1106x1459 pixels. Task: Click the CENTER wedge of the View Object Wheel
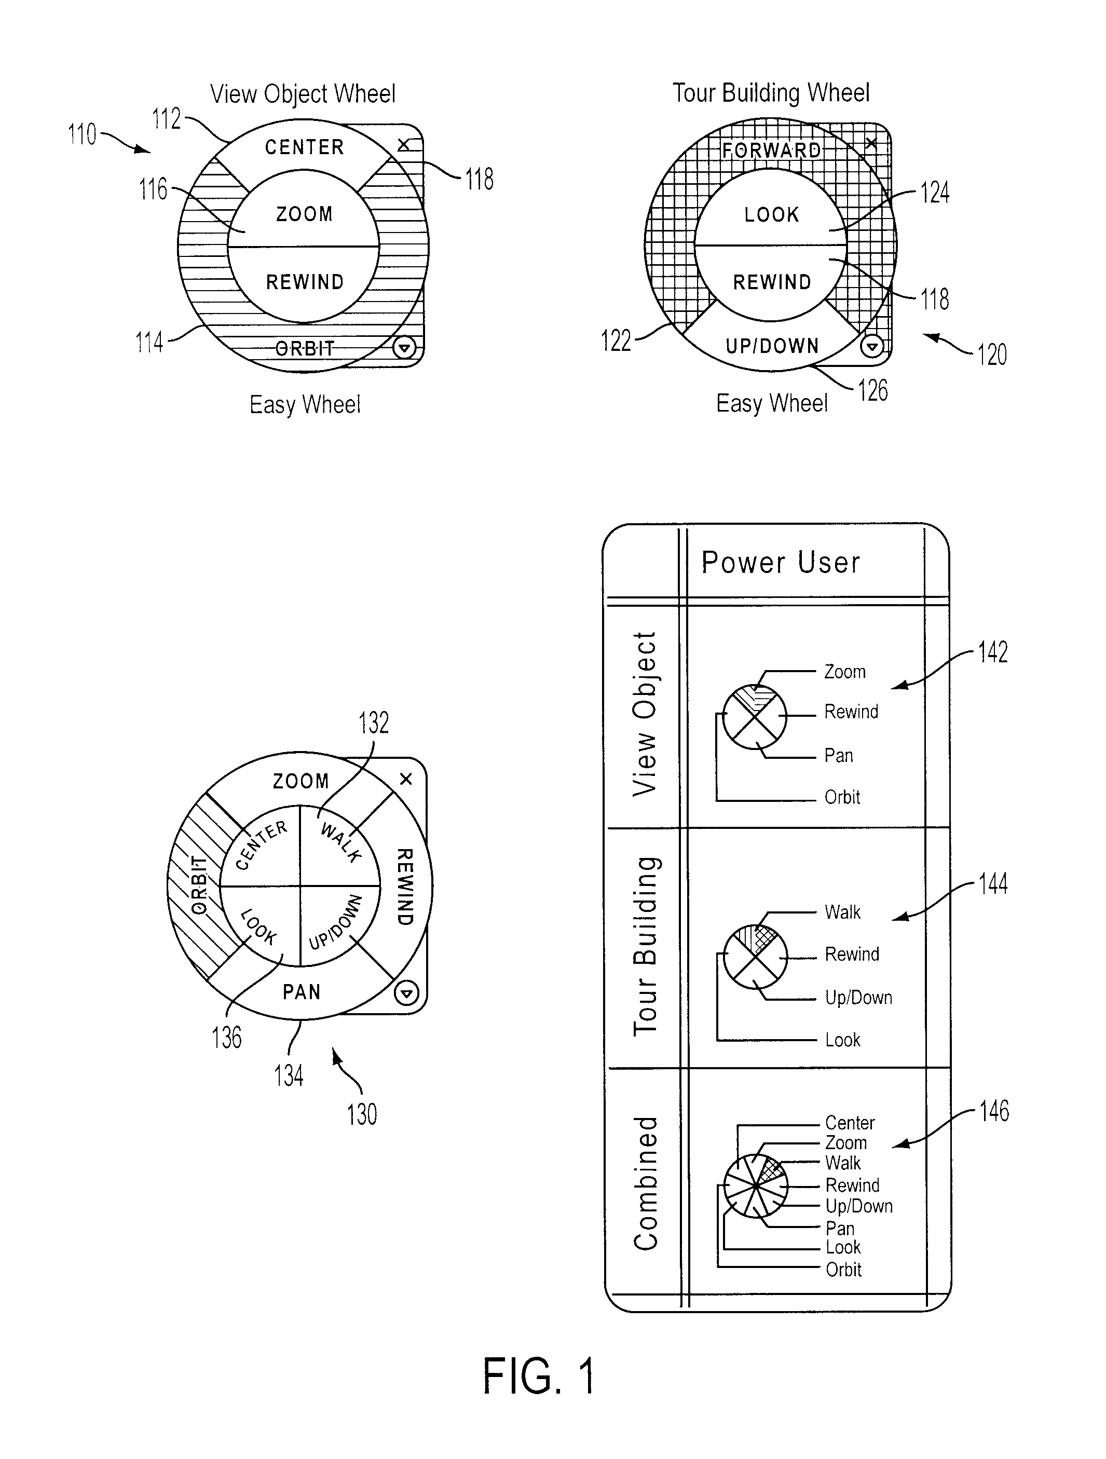click(304, 146)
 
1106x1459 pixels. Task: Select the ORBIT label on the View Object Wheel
click(305, 348)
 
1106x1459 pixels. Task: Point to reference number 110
click(83, 134)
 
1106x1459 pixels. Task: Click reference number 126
click(872, 390)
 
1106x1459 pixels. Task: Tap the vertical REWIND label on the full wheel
click(404, 887)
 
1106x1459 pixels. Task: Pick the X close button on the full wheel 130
click(405, 779)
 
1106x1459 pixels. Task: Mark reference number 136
click(226, 1038)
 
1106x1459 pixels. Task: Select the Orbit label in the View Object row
click(842, 797)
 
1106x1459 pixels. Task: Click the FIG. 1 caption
click(539, 1376)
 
